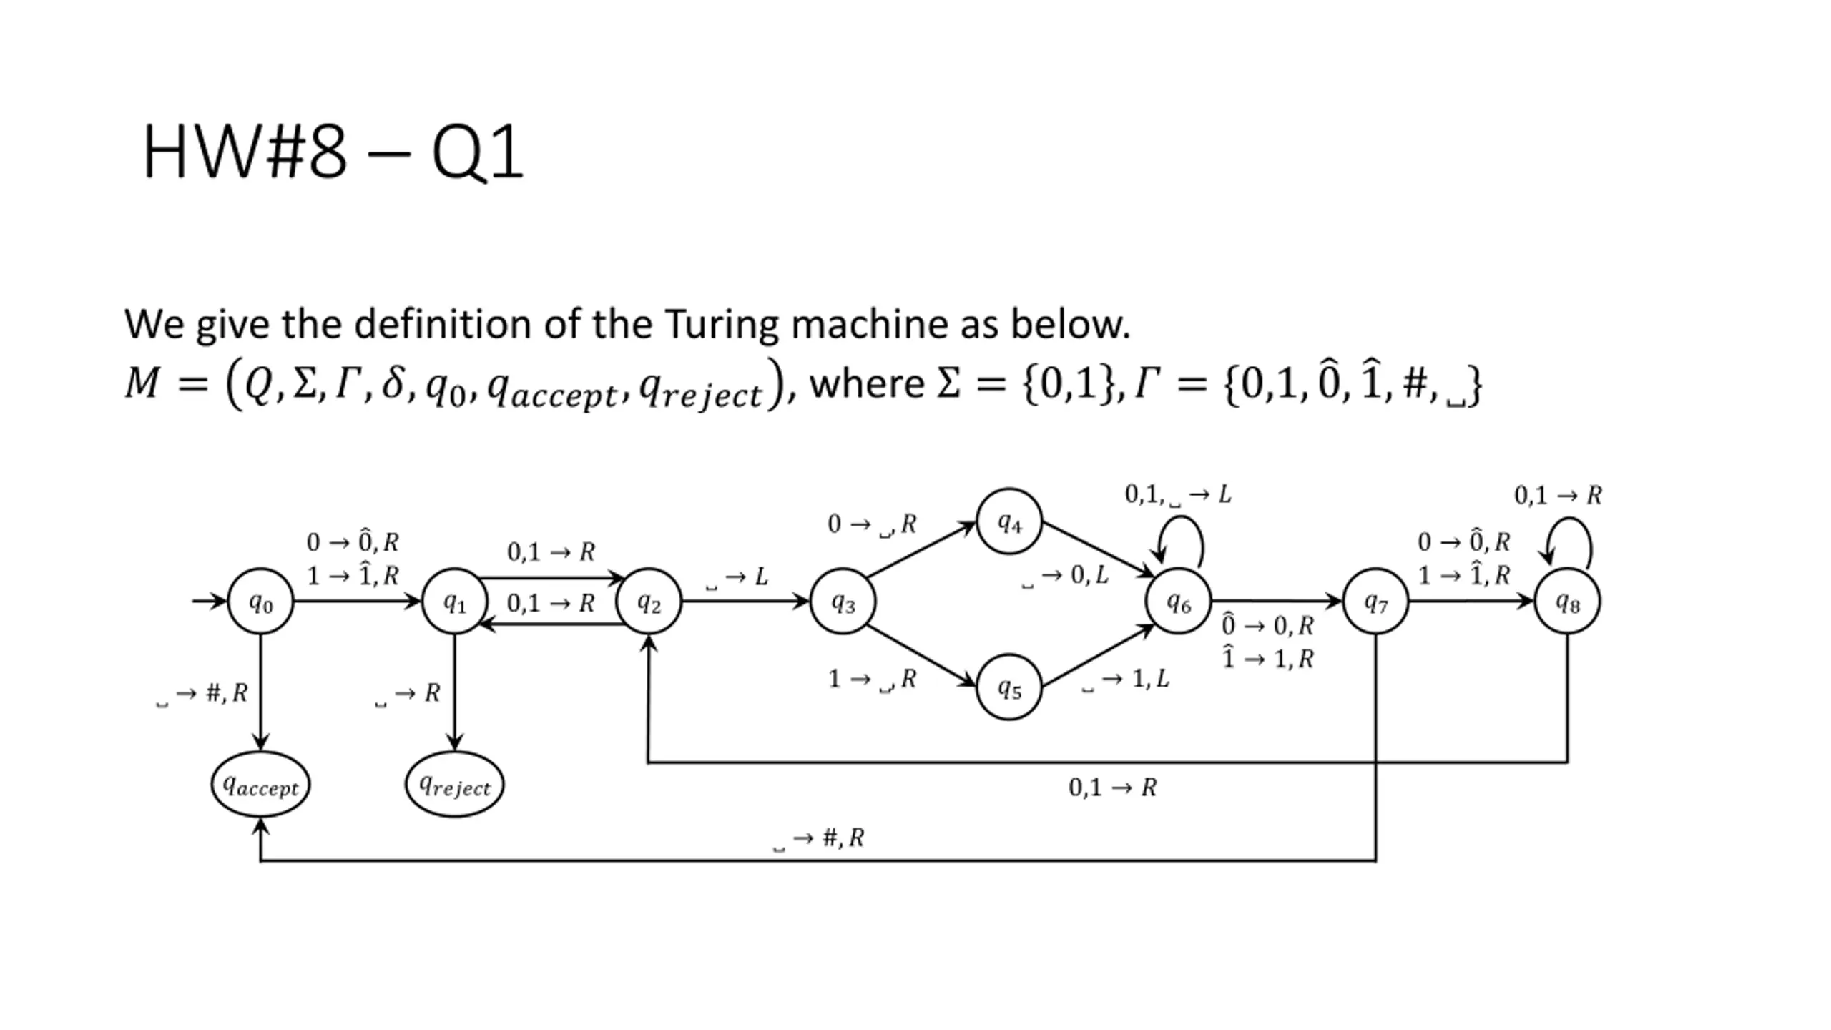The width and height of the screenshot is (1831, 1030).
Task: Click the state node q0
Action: [x=260, y=602]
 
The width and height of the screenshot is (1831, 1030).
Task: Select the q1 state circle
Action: [x=455, y=602]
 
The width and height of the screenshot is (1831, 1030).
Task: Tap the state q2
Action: [x=649, y=602]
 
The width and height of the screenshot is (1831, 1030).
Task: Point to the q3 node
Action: [x=843, y=602]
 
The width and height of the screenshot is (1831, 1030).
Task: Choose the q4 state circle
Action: [x=1009, y=521]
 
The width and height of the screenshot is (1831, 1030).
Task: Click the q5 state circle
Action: [x=1009, y=687]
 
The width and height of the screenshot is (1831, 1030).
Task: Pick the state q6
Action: [x=1178, y=602]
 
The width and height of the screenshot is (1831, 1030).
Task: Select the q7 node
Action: [x=1375, y=602]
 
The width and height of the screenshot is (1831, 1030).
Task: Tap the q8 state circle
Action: [x=1567, y=602]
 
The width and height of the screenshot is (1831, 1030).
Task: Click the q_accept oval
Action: [x=260, y=785]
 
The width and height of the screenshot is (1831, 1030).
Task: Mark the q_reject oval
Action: [x=455, y=785]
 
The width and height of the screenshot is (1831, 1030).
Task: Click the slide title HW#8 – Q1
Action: [x=333, y=152]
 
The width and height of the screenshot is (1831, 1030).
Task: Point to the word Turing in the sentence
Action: [x=721, y=324]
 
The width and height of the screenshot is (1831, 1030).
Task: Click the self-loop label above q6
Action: [x=1177, y=494]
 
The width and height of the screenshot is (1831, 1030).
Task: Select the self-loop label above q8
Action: [x=1558, y=495]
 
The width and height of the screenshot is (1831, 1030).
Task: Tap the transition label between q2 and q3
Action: [x=737, y=577]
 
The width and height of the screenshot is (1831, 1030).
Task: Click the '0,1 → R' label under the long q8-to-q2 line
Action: [x=1112, y=788]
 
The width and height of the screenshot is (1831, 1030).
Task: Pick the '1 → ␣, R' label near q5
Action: [x=872, y=679]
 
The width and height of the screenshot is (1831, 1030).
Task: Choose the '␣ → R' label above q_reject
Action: [x=408, y=693]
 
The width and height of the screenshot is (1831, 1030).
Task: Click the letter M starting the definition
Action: [x=142, y=382]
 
